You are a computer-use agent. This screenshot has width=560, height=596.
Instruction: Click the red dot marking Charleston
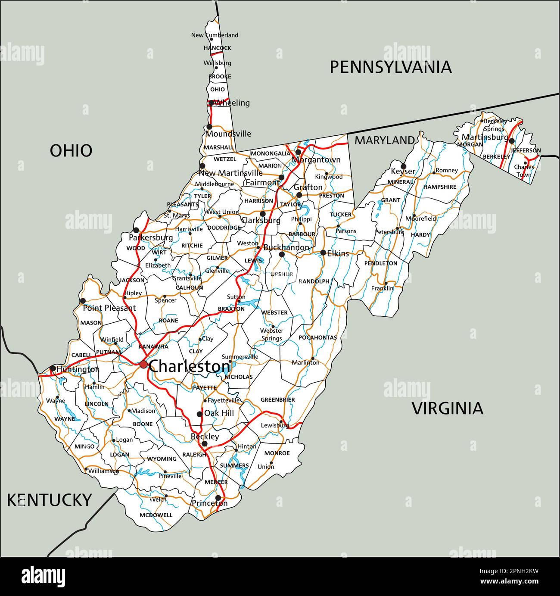tap(143, 365)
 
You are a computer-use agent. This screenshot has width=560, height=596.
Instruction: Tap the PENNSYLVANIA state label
tap(391, 67)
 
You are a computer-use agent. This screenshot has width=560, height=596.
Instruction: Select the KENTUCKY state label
tap(50, 500)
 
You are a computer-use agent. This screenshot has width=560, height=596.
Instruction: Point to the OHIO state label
tap(71, 151)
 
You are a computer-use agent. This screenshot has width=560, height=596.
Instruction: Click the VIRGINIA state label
tap(448, 408)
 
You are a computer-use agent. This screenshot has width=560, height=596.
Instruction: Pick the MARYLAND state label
tap(384, 140)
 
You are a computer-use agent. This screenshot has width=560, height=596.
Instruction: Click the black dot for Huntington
tap(53, 368)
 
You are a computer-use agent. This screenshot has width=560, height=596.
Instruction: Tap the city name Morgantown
tap(316, 160)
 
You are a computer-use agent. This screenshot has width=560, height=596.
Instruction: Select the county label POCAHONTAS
tap(317, 337)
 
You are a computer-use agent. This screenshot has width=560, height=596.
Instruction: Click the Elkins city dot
tap(323, 253)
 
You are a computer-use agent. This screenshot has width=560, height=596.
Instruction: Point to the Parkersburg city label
tap(151, 237)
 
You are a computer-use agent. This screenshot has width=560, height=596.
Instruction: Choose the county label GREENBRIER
tap(277, 400)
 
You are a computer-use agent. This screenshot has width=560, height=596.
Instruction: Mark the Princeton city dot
tap(218, 497)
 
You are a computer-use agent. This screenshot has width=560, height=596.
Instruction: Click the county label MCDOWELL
tap(156, 515)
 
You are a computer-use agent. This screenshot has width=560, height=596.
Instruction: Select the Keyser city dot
tap(403, 166)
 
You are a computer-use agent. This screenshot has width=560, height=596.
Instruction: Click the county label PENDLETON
tap(381, 263)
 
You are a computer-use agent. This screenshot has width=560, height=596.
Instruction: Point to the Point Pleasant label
tap(109, 308)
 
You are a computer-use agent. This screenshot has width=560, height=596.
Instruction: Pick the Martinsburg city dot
tap(511, 141)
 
